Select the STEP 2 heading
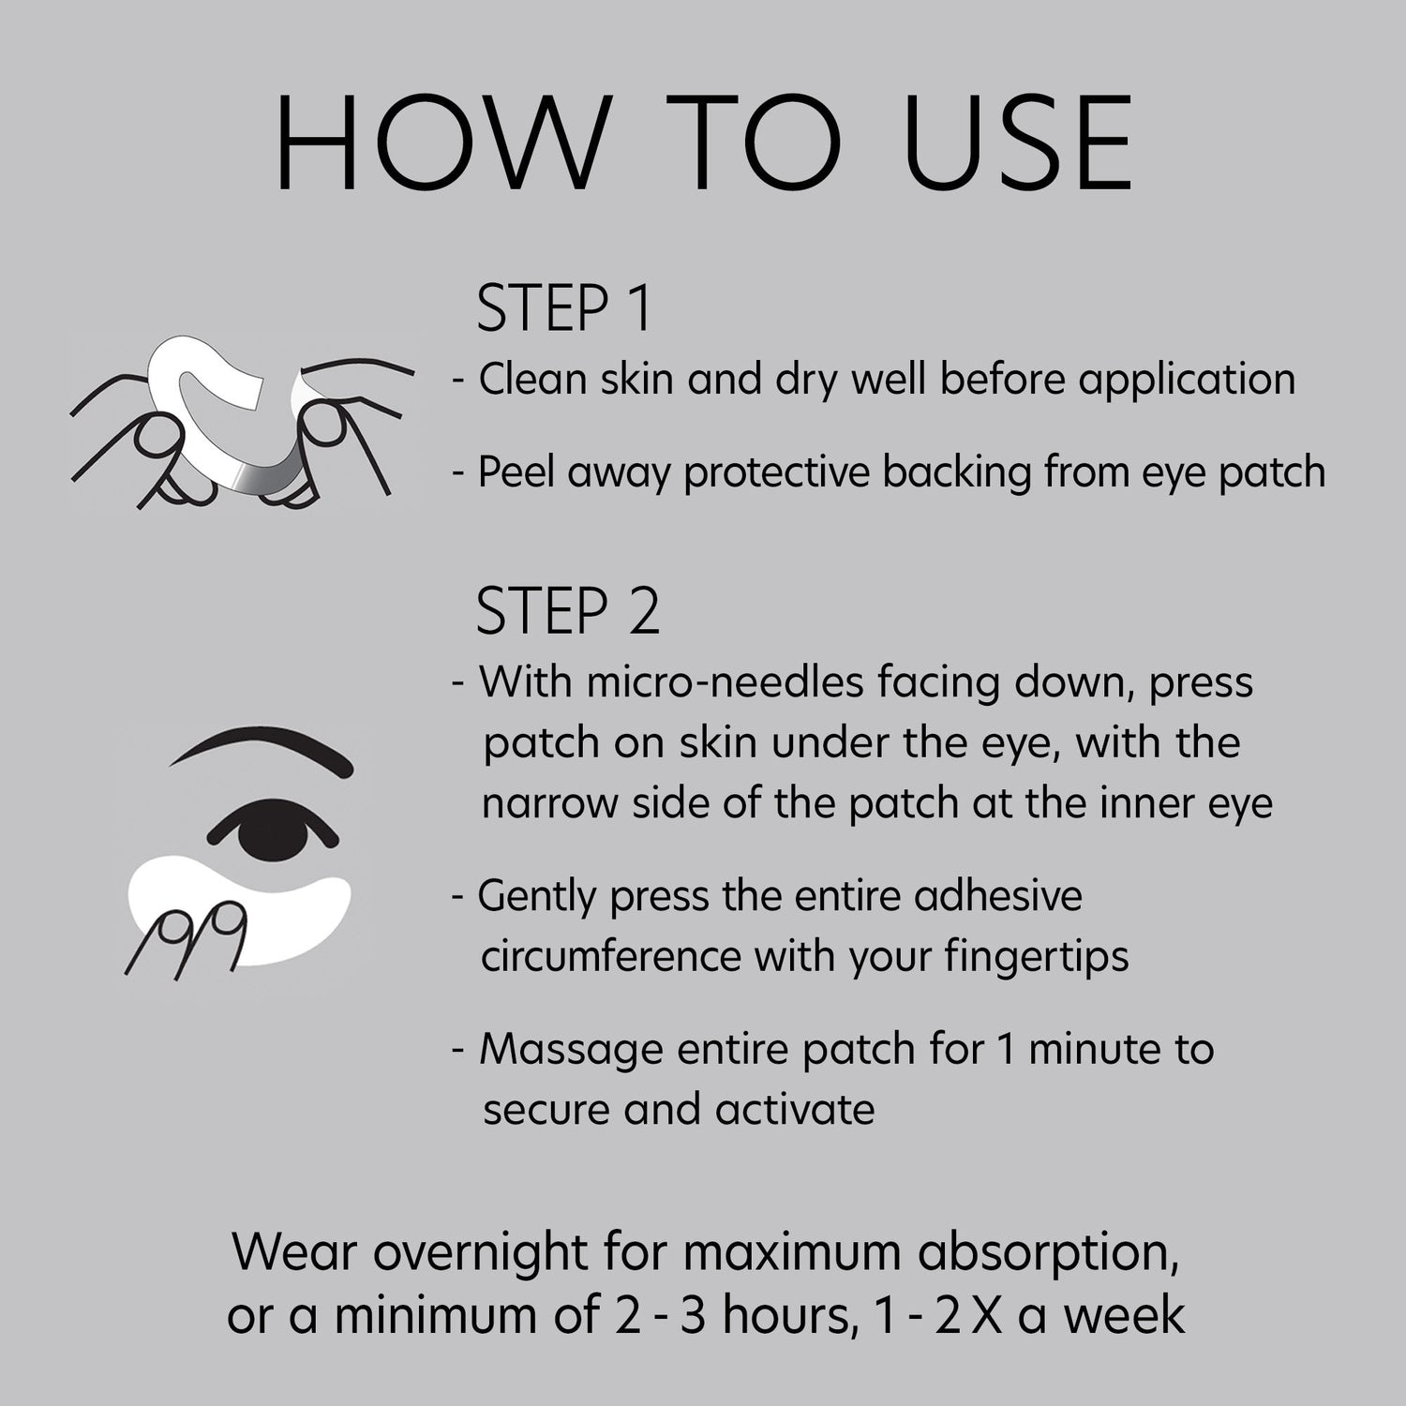click(568, 611)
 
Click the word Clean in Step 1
click(533, 380)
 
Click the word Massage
click(572, 1049)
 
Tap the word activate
click(795, 1110)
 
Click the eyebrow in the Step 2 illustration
click(262, 745)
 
